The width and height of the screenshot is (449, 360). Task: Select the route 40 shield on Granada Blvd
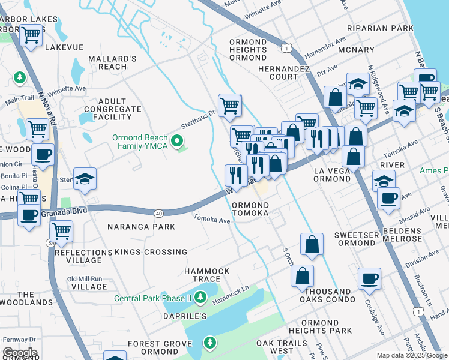point(158,213)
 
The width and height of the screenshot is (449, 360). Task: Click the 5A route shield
point(50,243)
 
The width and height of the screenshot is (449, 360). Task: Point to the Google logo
point(19,353)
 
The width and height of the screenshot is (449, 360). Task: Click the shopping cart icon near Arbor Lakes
point(30,35)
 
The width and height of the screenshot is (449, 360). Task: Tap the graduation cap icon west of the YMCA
point(86,179)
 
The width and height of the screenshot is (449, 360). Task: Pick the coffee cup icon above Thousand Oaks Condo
point(369,278)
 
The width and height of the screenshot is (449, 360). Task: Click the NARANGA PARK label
point(141,227)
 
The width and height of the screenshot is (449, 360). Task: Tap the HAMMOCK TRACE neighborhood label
point(206,275)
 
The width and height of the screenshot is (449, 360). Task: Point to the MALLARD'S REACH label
point(112,62)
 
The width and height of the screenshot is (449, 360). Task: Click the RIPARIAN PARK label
point(385,28)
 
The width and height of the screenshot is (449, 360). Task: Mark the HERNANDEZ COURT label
point(283,73)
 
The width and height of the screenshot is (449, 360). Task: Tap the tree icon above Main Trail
point(20,77)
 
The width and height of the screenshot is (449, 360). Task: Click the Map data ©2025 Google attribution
point(412,355)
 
